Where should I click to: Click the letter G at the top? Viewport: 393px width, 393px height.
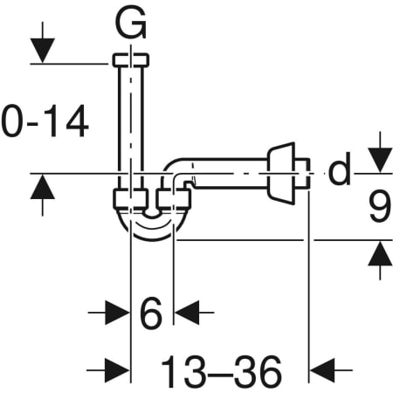coord(131,23)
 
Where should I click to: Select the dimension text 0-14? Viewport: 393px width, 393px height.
coord(45,121)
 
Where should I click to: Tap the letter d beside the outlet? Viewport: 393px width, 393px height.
coord(340,169)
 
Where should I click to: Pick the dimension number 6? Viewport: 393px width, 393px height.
coord(150,313)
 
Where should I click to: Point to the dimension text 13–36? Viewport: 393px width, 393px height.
coord(221,370)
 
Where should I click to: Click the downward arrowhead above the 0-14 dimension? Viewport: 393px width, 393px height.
coord(43,51)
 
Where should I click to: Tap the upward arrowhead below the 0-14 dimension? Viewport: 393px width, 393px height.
coord(43,186)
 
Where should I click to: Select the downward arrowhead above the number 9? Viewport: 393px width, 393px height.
coord(380,161)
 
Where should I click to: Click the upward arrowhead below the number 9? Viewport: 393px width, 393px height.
coord(380,253)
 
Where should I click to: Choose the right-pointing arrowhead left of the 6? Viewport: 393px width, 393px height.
coord(117,313)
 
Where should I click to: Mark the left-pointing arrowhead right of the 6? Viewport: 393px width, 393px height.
coord(186,313)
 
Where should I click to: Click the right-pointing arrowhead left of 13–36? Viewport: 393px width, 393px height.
coord(117,370)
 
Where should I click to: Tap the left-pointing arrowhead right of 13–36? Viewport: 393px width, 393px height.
coord(322,370)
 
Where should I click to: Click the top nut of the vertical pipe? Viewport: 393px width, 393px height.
coord(131,60)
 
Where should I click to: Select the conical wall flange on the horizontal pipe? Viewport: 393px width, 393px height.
coord(281,174)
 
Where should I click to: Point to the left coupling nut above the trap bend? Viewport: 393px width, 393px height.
coord(129,199)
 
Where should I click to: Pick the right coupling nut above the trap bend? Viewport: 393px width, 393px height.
coord(174,199)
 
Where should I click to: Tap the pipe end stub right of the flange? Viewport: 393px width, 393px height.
coord(302,174)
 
